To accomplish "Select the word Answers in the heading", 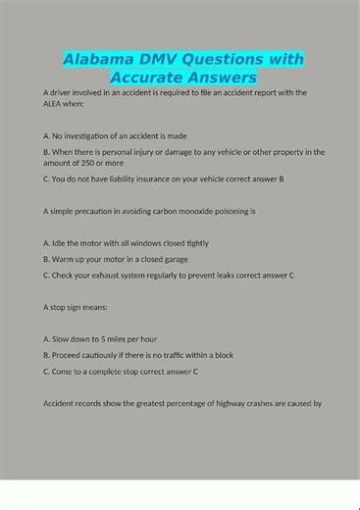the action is pos(221,76).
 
